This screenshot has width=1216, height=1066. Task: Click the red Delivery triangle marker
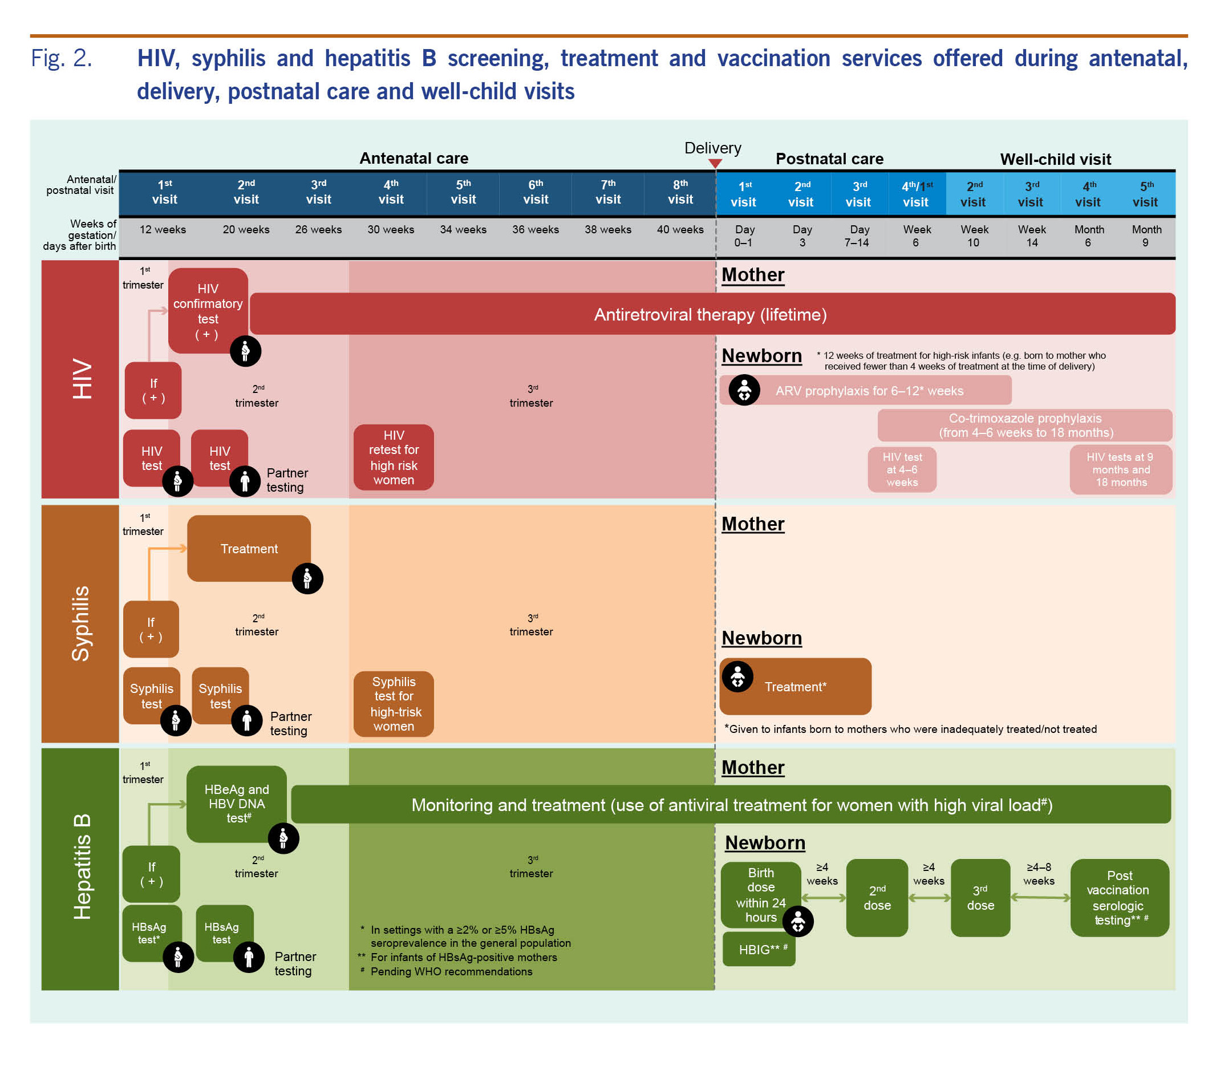(x=715, y=163)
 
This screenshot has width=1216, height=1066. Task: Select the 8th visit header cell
(x=680, y=192)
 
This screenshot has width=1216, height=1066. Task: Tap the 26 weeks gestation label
(x=318, y=230)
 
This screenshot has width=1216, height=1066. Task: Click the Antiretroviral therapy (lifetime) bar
(x=711, y=314)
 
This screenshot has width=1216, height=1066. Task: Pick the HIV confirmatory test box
(x=208, y=310)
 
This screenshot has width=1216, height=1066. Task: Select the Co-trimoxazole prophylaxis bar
(x=1024, y=425)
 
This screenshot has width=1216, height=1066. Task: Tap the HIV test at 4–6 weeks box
(x=902, y=469)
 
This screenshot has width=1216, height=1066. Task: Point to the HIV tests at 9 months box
(x=1120, y=469)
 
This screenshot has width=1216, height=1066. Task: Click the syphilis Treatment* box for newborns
(x=795, y=687)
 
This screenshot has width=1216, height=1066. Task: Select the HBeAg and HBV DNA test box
(x=236, y=803)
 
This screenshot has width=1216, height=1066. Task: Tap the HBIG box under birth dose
(x=759, y=950)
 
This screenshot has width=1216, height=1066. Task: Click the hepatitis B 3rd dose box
(x=980, y=898)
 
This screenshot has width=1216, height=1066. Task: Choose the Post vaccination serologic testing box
(x=1119, y=898)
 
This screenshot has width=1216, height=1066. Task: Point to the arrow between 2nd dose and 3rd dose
(x=929, y=898)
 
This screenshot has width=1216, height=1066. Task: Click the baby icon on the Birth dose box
(x=798, y=922)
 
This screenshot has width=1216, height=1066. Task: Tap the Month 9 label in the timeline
(x=1146, y=236)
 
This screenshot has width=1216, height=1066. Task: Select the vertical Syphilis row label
(x=80, y=623)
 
